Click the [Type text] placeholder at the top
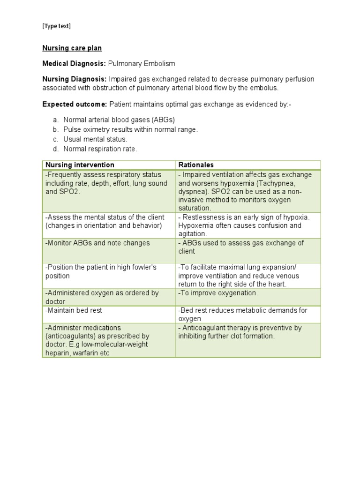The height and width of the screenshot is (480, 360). [56, 26]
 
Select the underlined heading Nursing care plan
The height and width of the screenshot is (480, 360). [72, 48]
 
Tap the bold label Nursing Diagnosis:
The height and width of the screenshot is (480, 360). [75, 79]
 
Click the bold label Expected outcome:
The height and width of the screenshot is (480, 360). [74, 104]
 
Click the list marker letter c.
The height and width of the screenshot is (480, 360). [55, 139]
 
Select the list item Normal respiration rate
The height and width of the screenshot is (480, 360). [100, 149]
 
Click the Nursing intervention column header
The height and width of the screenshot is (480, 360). [80, 165]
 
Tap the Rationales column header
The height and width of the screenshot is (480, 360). [196, 165]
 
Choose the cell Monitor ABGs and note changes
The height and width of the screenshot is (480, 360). [97, 243]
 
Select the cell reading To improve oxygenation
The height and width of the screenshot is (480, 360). [218, 293]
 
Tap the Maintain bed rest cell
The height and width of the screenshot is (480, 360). [74, 310]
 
